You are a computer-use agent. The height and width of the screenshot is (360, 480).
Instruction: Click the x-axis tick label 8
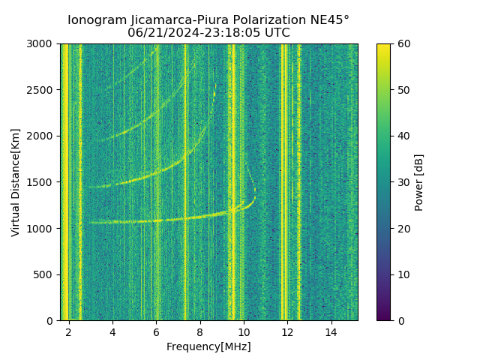coord(199,332)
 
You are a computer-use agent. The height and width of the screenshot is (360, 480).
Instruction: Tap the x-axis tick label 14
coord(331,332)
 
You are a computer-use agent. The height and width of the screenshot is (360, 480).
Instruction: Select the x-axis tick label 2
coord(69,332)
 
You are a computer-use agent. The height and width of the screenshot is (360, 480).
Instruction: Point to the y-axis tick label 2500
coord(42,90)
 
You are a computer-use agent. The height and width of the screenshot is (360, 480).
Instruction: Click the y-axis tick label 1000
coord(42,229)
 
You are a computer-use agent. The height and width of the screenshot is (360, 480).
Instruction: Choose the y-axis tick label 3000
coord(42,44)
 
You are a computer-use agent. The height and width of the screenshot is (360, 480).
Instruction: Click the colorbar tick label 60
coord(402,44)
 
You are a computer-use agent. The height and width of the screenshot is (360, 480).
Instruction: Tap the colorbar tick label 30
coord(402,182)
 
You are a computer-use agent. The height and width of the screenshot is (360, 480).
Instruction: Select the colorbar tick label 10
coord(402,274)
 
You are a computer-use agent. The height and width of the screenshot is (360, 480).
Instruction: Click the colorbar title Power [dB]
coord(419,182)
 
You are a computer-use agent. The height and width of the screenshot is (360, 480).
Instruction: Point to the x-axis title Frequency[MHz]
coord(208,346)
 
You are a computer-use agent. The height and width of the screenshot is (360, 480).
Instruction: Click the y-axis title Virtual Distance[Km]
coord(16,182)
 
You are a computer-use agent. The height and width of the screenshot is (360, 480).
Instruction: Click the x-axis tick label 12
coord(287,332)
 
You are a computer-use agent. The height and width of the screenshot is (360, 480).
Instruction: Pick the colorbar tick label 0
coord(399,321)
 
